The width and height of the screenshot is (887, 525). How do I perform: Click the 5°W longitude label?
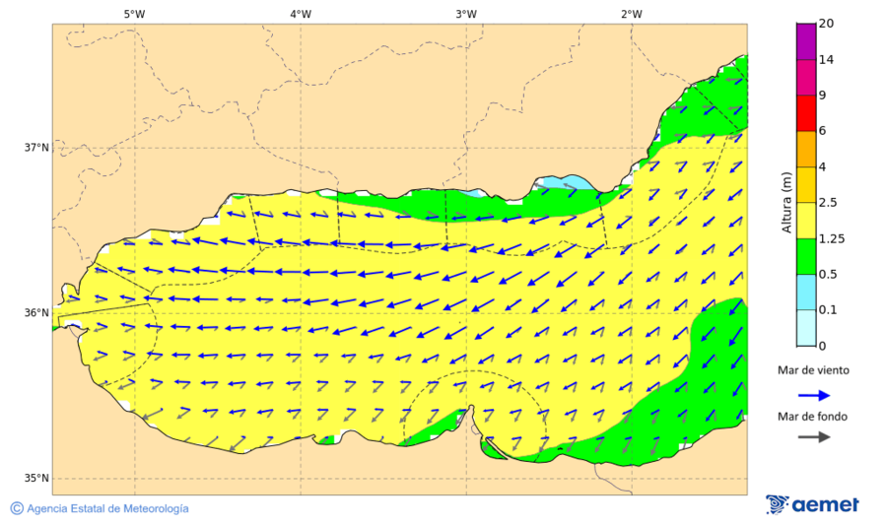tap(134, 14)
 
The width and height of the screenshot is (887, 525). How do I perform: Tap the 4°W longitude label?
tap(301, 14)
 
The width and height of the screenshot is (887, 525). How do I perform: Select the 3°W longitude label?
tap(466, 14)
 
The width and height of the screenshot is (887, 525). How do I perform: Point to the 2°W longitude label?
tap(632, 14)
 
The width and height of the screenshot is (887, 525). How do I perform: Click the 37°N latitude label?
tap(36, 148)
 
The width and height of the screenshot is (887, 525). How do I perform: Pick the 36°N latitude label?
tap(36, 313)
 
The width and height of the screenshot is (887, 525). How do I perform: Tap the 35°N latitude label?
tap(36, 479)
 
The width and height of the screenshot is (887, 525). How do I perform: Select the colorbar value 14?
tap(827, 60)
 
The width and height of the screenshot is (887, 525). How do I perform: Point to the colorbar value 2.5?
tap(830, 203)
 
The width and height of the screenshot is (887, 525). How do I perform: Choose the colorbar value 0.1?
tap(830, 310)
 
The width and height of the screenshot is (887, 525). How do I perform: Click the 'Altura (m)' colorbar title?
tap(786, 202)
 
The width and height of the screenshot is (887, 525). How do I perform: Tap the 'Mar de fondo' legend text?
tap(811, 416)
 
